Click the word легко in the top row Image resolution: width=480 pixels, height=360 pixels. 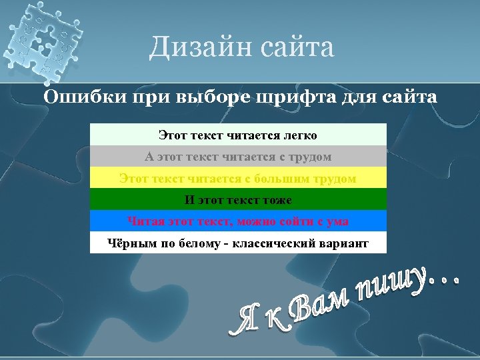[x=297, y=135]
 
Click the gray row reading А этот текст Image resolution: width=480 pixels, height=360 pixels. [x=238, y=157]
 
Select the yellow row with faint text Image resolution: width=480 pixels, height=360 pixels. [x=238, y=179]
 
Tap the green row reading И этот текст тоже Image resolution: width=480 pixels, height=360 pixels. [x=238, y=200]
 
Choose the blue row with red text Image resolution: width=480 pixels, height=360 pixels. [x=238, y=221]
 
